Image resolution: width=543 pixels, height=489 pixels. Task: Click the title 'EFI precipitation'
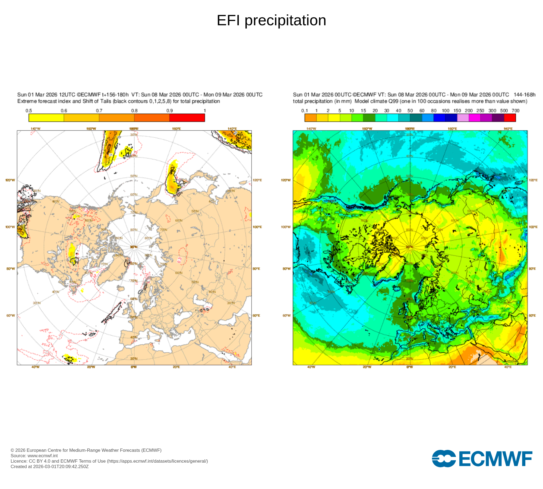[271, 21]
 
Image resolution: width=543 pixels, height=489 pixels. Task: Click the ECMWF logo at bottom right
[482, 459]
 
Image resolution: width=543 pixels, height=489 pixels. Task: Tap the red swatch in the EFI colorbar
[187, 118]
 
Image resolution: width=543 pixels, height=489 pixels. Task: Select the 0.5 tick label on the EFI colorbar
[29, 111]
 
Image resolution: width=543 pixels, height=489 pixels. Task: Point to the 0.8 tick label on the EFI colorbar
[134, 111]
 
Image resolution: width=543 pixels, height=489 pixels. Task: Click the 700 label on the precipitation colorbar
[515, 111]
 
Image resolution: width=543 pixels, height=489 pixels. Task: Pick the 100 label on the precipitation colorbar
[446, 111]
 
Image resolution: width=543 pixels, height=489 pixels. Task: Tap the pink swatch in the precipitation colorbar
[463, 118]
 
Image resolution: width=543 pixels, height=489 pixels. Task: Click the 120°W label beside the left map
[10, 180]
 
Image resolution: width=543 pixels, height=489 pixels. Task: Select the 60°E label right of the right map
[532, 315]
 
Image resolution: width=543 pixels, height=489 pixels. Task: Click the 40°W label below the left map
[35, 367]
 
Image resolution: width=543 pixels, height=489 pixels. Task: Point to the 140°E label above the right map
[508, 128]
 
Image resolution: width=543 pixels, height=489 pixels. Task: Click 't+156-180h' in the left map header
[115, 95]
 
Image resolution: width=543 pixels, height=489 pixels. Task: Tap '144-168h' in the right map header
[525, 95]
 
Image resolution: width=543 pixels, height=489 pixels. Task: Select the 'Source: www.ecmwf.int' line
[34, 456]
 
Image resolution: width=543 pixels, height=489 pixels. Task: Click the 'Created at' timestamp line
[50, 466]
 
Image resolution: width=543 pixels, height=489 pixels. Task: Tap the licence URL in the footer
[157, 461]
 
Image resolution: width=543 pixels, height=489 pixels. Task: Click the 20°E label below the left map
[176, 367]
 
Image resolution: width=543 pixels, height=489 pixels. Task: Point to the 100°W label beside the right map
[286, 227]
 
